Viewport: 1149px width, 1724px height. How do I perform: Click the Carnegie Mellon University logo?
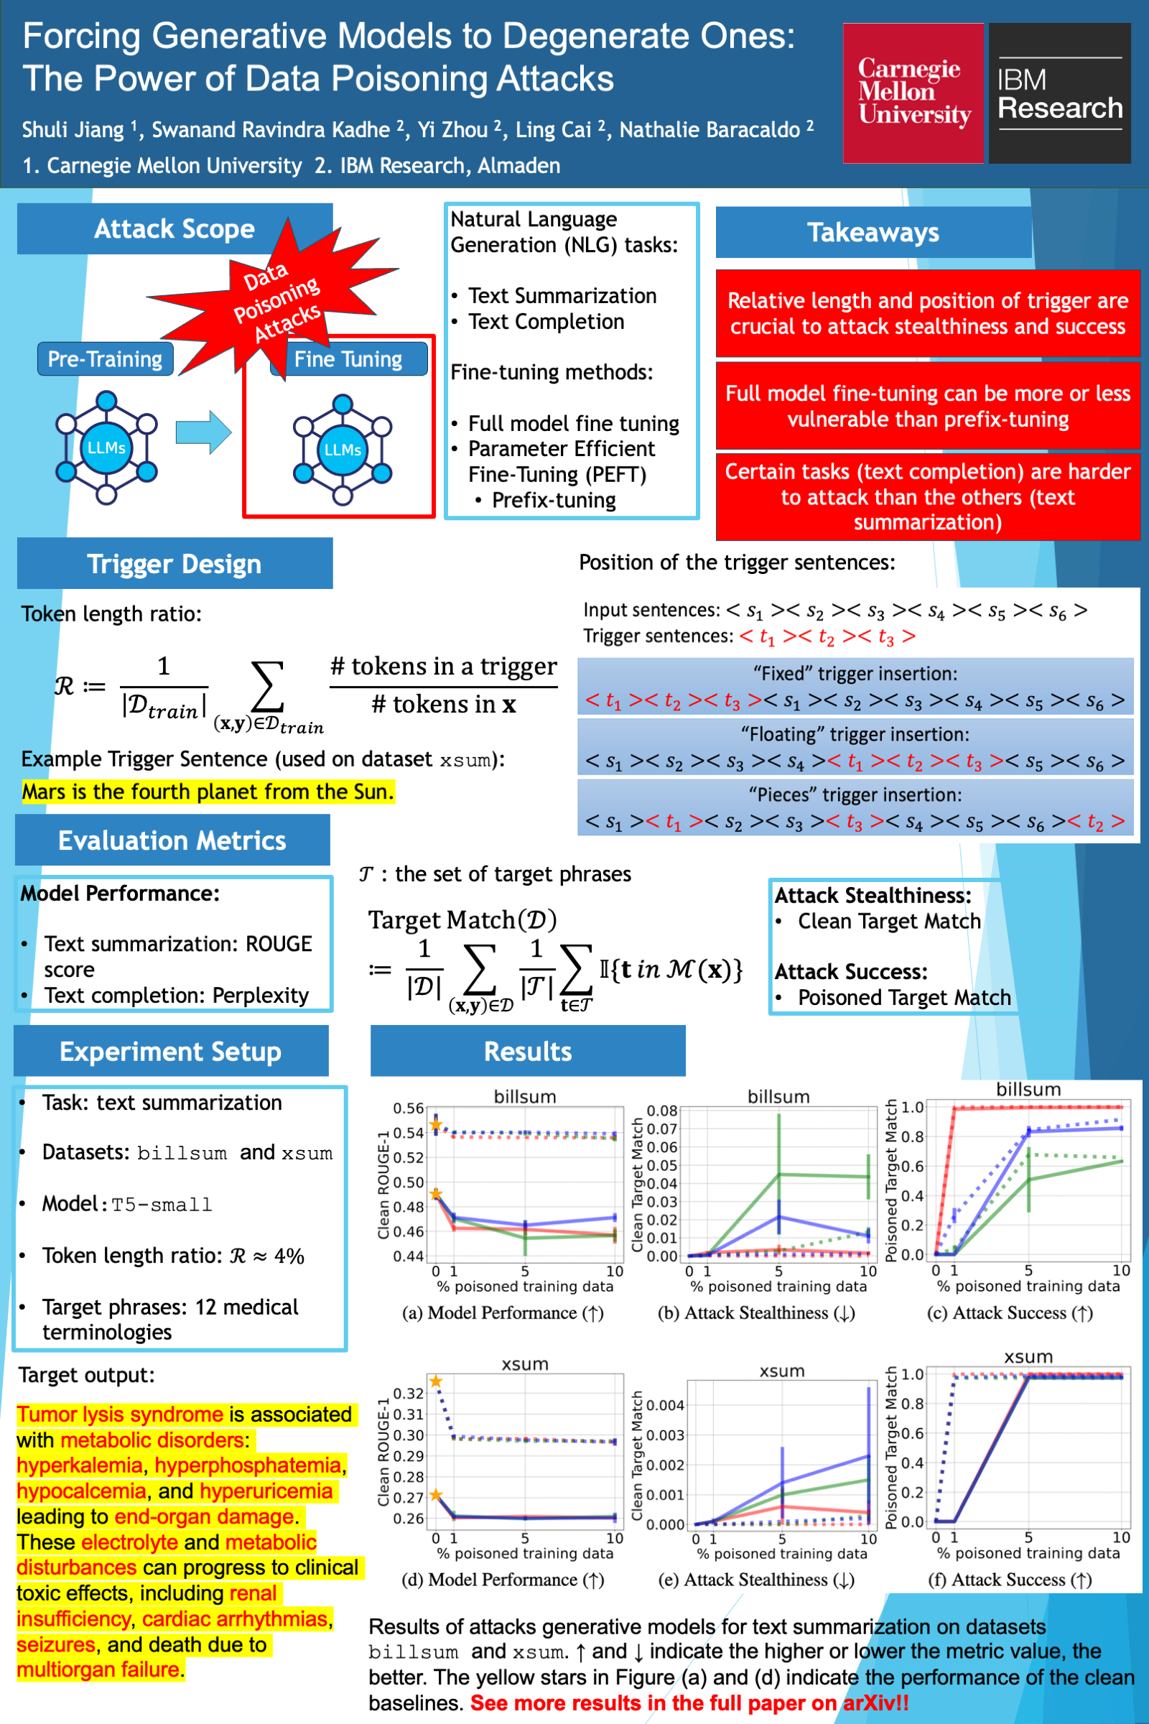pyautogui.click(x=913, y=93)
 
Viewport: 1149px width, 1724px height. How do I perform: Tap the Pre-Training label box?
pyautogui.click(x=106, y=359)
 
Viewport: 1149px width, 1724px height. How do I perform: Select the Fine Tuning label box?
pyautogui.click(x=348, y=359)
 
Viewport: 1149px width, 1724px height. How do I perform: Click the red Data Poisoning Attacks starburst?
pyautogui.click(x=275, y=297)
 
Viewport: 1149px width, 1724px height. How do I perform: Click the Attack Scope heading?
pyautogui.click(x=175, y=229)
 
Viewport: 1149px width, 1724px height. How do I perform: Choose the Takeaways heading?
pyautogui.click(x=873, y=232)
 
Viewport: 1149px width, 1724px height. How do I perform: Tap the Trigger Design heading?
pyautogui.click(x=175, y=564)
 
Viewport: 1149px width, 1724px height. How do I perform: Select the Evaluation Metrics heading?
pyautogui.click(x=172, y=840)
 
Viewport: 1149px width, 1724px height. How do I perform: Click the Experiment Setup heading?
pyautogui.click(x=171, y=1051)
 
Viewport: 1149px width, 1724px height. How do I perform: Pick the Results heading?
pyautogui.click(x=528, y=1051)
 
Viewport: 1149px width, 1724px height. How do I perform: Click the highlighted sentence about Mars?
pyautogui.click(x=208, y=792)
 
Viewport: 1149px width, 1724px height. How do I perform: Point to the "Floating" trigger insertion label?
pyautogui.click(x=855, y=734)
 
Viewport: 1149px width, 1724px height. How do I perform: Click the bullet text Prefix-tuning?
pyautogui.click(x=553, y=501)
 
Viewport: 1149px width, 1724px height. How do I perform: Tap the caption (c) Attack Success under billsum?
pyautogui.click(x=1010, y=1313)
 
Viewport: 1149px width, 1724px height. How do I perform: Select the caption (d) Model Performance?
pyautogui.click(x=503, y=1580)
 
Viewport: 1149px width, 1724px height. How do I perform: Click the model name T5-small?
pyautogui.click(x=162, y=1205)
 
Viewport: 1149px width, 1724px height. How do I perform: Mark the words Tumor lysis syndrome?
pyautogui.click(x=120, y=1414)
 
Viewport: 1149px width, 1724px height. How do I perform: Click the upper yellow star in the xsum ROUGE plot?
pyautogui.click(x=436, y=1381)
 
